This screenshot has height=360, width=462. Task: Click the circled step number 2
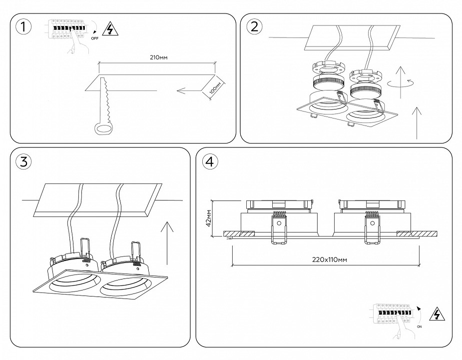pos(254,27)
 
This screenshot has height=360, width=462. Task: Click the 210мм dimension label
pos(158,58)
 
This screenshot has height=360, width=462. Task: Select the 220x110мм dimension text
pos(325,259)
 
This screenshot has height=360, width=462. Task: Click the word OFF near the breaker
pos(95,37)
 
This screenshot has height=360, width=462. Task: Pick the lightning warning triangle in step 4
pos(438,314)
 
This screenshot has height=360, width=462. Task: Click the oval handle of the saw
pos(104,129)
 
